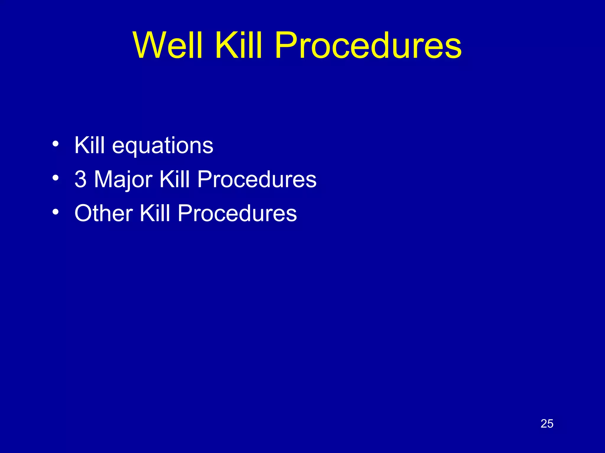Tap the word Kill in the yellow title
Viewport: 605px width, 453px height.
[x=238, y=46]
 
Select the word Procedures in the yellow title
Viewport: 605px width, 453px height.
[x=367, y=46]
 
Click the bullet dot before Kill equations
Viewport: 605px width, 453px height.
[x=55, y=144]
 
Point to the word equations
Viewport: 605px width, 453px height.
[x=162, y=146]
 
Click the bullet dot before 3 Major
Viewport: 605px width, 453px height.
[x=55, y=178]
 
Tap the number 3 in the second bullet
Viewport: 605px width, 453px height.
[x=80, y=179]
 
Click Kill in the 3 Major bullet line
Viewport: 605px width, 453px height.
[x=174, y=179]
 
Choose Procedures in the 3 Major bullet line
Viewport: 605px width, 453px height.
[x=256, y=179]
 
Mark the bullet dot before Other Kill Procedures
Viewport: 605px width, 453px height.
[x=55, y=212]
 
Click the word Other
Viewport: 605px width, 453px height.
[x=103, y=213]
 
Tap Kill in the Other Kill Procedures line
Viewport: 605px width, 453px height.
[x=154, y=213]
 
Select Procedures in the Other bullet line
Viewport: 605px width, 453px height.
[x=237, y=213]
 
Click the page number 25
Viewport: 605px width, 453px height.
[x=547, y=424]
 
